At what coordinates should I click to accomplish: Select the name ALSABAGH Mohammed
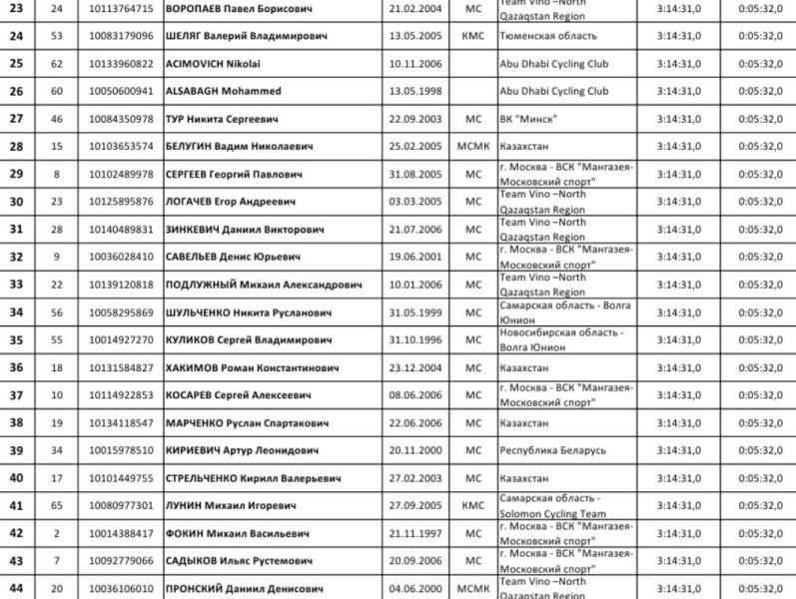pyautogui.click(x=224, y=92)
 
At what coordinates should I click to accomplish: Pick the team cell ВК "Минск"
pyautogui.click(x=528, y=119)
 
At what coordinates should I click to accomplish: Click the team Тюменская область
pyautogui.click(x=548, y=36)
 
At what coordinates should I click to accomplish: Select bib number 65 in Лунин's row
pyautogui.click(x=56, y=506)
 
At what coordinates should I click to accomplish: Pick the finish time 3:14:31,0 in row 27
pyautogui.click(x=679, y=119)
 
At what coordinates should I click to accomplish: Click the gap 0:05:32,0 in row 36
pyautogui.click(x=759, y=368)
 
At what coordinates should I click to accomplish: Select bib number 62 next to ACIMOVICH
pyautogui.click(x=56, y=64)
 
